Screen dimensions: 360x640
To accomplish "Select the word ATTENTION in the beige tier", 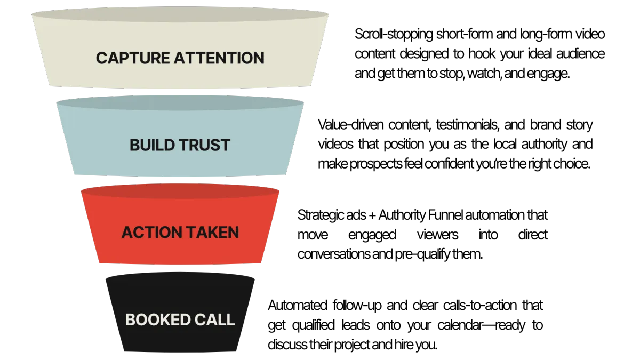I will coord(219,58).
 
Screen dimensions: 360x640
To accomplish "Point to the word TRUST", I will coord(202,145).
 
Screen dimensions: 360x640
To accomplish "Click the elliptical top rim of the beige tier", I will coord(180,15).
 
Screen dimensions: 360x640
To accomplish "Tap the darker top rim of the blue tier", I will coord(180,103).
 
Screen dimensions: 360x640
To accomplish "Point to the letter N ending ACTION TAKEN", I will coord(234,233).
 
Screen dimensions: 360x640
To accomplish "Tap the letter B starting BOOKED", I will coord(130,320).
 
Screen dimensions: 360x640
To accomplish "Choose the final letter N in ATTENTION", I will coord(259,58).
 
